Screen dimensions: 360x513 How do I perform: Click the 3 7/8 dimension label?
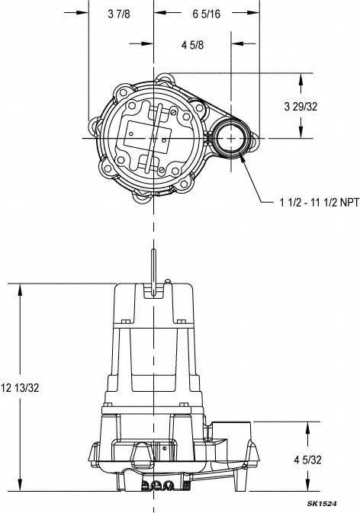click(x=119, y=14)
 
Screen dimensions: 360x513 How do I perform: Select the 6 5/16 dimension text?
click(x=206, y=14)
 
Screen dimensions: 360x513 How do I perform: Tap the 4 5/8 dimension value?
click(x=192, y=45)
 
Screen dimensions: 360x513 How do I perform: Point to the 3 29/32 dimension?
click(x=301, y=107)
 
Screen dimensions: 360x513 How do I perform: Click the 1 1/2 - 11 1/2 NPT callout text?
click(x=320, y=203)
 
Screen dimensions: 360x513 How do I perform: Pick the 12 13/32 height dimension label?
click(x=20, y=388)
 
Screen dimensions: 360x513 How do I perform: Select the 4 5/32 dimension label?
click(x=307, y=460)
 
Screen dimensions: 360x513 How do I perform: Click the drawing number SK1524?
click(x=322, y=504)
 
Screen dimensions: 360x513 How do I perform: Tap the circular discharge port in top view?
click(x=231, y=139)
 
